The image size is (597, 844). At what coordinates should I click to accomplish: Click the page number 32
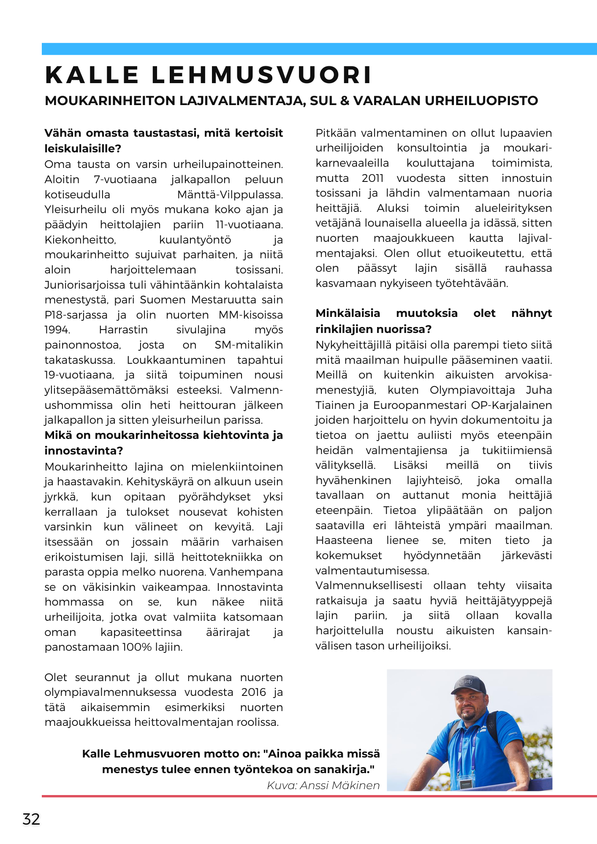tap(31, 819)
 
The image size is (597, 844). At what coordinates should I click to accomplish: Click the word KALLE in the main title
tap(92, 75)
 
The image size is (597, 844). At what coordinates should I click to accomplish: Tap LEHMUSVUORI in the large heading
tap(262, 75)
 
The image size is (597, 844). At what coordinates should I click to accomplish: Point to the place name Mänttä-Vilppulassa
tap(230, 195)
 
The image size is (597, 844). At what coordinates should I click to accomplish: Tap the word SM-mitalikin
tap(249, 345)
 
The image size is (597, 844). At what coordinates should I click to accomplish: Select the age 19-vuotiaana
tap(79, 375)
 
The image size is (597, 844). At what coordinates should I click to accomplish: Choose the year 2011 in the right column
tap(372, 178)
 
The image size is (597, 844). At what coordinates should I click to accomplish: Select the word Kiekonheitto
tap(80, 240)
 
